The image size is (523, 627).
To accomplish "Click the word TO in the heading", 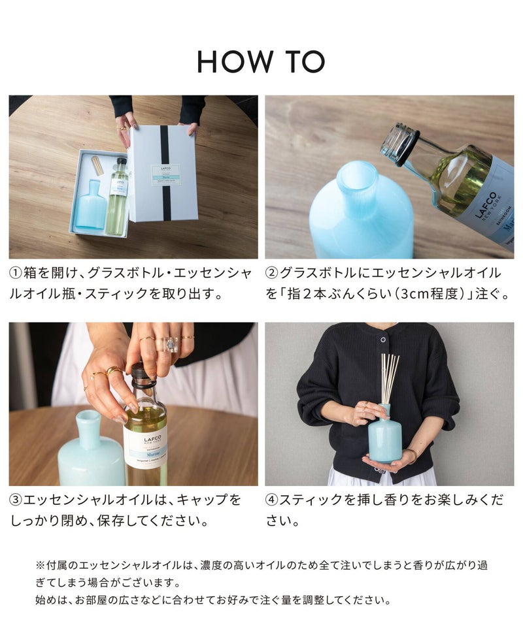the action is pyautogui.click(x=305, y=61).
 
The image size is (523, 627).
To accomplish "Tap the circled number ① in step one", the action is pyautogui.click(x=16, y=273).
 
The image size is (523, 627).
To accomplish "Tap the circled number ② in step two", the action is pyautogui.click(x=272, y=273).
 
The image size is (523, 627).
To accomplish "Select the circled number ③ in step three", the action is pyautogui.click(x=16, y=500).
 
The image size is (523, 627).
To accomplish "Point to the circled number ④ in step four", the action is pyautogui.click(x=272, y=500).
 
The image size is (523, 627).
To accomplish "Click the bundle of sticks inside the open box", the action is pyautogui.click(x=97, y=165).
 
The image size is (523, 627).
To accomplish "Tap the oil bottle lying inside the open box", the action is pyautogui.click(x=117, y=196).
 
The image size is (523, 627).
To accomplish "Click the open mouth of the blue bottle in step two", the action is pyautogui.click(x=358, y=176).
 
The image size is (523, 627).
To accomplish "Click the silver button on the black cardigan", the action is pyautogui.click(x=383, y=340).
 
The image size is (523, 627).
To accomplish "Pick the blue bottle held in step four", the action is pyautogui.click(x=384, y=434).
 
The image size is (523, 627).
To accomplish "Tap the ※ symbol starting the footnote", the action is pyautogui.click(x=41, y=566).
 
